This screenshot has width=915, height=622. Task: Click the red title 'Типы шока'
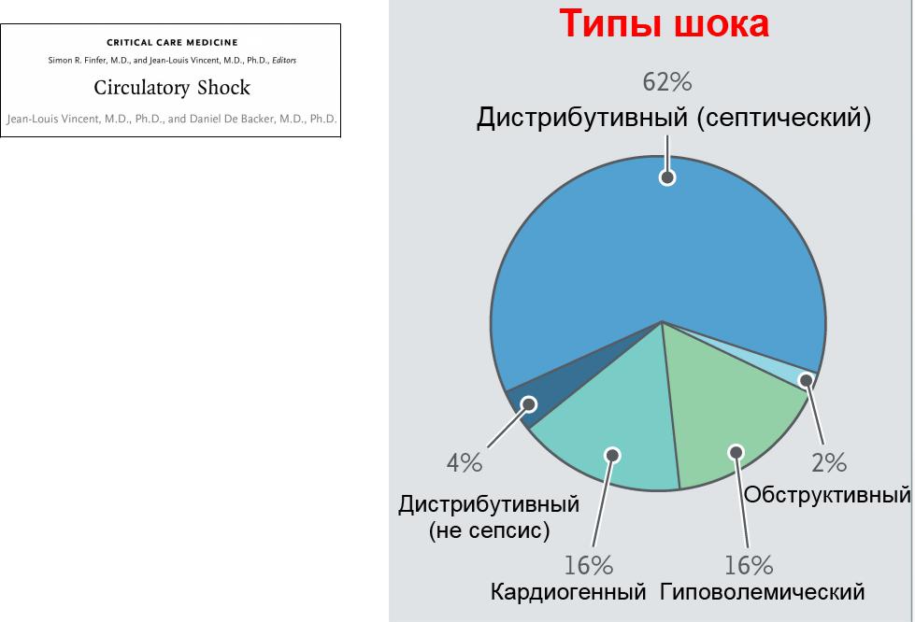pos(665,23)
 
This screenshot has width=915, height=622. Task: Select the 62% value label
pos(667,82)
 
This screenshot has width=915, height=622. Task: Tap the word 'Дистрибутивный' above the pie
pos(582,118)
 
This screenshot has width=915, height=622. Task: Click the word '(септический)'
pos(784,119)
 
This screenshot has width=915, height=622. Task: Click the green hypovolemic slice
pos(723,408)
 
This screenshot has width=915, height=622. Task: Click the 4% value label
pos(465,463)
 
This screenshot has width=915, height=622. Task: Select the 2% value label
pos(829,462)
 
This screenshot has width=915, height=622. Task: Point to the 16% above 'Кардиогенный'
pos(588,565)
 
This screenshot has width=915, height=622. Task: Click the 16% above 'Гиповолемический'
pos(749,565)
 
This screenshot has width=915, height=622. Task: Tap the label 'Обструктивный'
pos(827,495)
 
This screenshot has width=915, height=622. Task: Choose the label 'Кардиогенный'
pos(568,592)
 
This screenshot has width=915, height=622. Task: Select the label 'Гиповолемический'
pos(762,592)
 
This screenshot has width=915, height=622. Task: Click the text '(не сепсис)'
pos(489,530)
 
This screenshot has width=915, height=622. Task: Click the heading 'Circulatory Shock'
pos(172,88)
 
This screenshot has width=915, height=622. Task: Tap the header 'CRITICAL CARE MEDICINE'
pos(172,42)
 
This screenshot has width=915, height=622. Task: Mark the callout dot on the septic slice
pos(667,177)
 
